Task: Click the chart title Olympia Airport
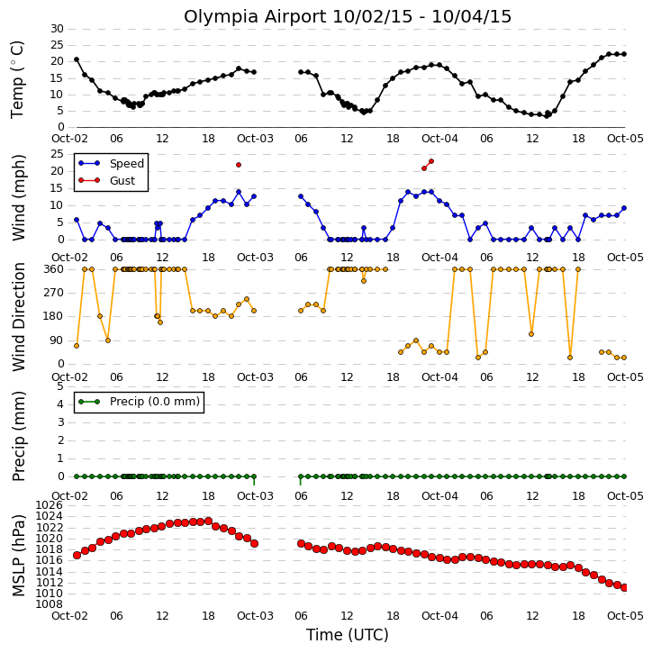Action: click(x=255, y=17)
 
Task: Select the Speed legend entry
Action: click(x=111, y=163)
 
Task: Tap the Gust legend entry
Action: click(x=106, y=180)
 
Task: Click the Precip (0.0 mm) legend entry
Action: click(x=139, y=402)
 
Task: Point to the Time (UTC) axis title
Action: click(x=348, y=635)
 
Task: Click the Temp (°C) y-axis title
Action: click(x=17, y=79)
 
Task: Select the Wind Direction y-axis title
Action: click(x=18, y=317)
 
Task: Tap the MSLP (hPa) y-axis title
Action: click(x=18, y=555)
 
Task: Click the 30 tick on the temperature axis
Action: click(x=57, y=29)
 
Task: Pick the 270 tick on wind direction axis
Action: click(x=54, y=293)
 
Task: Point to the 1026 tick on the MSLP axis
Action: click(x=50, y=505)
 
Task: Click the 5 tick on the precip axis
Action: click(x=60, y=386)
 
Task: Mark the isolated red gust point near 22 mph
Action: click(x=239, y=165)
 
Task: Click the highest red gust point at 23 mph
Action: click(x=431, y=161)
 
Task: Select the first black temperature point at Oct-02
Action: click(x=77, y=59)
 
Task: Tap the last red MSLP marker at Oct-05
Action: click(x=624, y=587)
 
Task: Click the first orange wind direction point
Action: click(x=77, y=346)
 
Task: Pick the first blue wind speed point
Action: click(x=77, y=220)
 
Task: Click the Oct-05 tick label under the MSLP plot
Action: click(x=625, y=615)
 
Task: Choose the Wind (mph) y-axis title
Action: click(x=18, y=197)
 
